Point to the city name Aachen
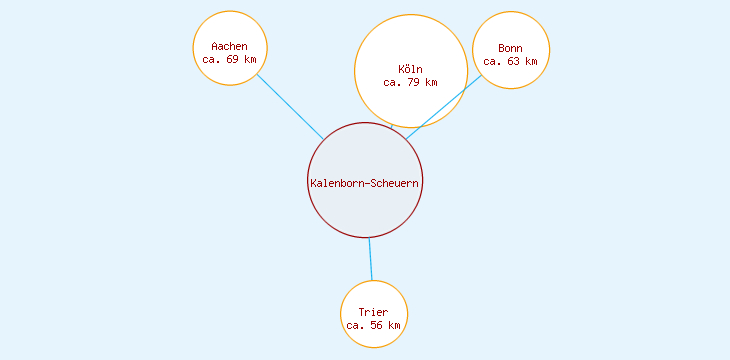pyautogui.click(x=230, y=47)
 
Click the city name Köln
pyautogui.click(x=411, y=69)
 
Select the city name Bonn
pyautogui.click(x=510, y=48)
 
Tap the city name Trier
pyautogui.click(x=373, y=313)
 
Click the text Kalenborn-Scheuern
pyautogui.click(x=365, y=183)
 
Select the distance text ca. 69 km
pyautogui.click(x=230, y=60)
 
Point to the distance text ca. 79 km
pyautogui.click(x=411, y=82)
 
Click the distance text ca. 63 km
pyautogui.click(x=510, y=61)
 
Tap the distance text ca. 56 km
pyautogui.click(x=373, y=326)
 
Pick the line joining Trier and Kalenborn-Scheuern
pyautogui.click(x=370, y=259)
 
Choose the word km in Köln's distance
pyautogui.click(x=431, y=82)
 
